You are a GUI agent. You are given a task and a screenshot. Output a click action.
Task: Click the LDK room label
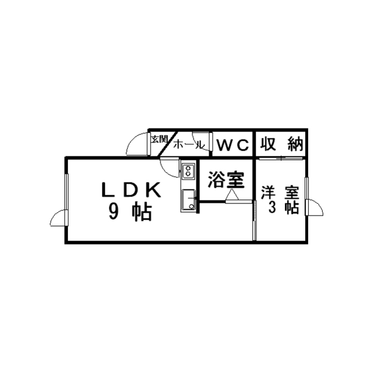(131, 190)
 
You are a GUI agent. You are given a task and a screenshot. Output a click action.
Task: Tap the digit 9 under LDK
(113, 212)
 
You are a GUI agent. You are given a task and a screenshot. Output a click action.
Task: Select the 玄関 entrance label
(159, 139)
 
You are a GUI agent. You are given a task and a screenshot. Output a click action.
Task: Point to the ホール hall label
(189, 144)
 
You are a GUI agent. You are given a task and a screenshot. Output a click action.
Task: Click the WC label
(233, 145)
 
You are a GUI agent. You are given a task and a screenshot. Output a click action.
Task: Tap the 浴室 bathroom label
(226, 180)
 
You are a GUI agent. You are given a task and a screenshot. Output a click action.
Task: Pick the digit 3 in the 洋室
(271, 208)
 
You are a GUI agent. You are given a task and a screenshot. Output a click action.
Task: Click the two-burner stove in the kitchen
(188, 170)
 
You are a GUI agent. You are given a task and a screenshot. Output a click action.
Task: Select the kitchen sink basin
(189, 200)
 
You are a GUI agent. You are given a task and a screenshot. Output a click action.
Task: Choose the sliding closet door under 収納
(281, 158)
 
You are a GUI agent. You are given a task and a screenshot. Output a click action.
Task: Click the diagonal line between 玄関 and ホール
(168, 144)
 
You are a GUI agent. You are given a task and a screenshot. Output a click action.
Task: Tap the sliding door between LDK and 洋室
(255, 221)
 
